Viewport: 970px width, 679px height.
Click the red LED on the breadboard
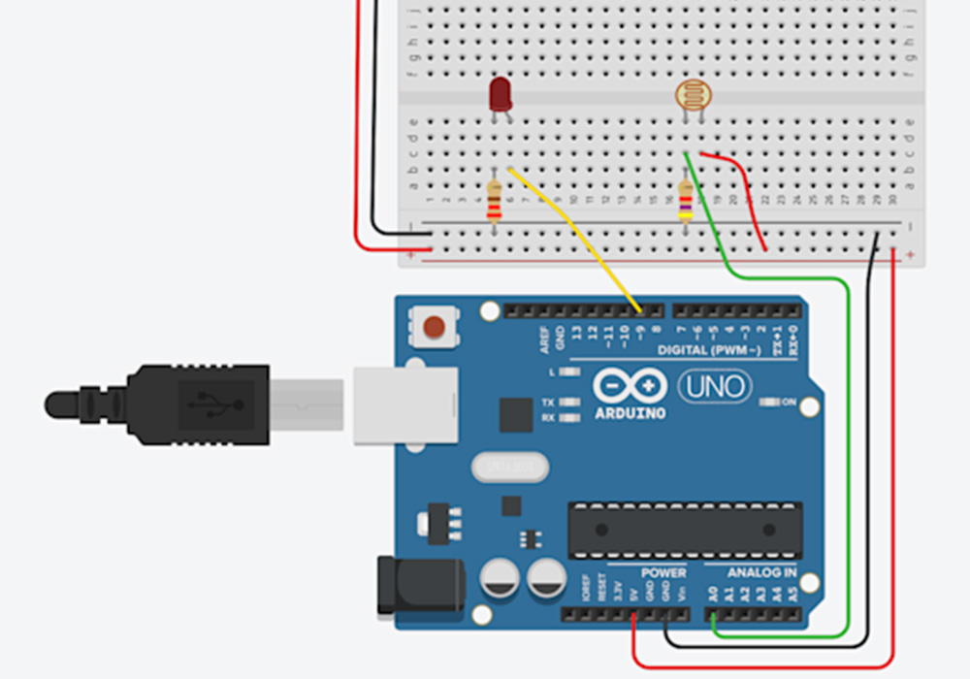pyautogui.click(x=501, y=95)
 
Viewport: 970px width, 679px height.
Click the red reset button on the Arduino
pyautogui.click(x=436, y=327)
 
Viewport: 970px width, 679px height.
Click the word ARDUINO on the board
pyautogui.click(x=630, y=412)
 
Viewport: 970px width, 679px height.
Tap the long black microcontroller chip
pyautogui.click(x=685, y=530)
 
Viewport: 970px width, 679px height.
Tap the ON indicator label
pyautogui.click(x=788, y=402)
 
